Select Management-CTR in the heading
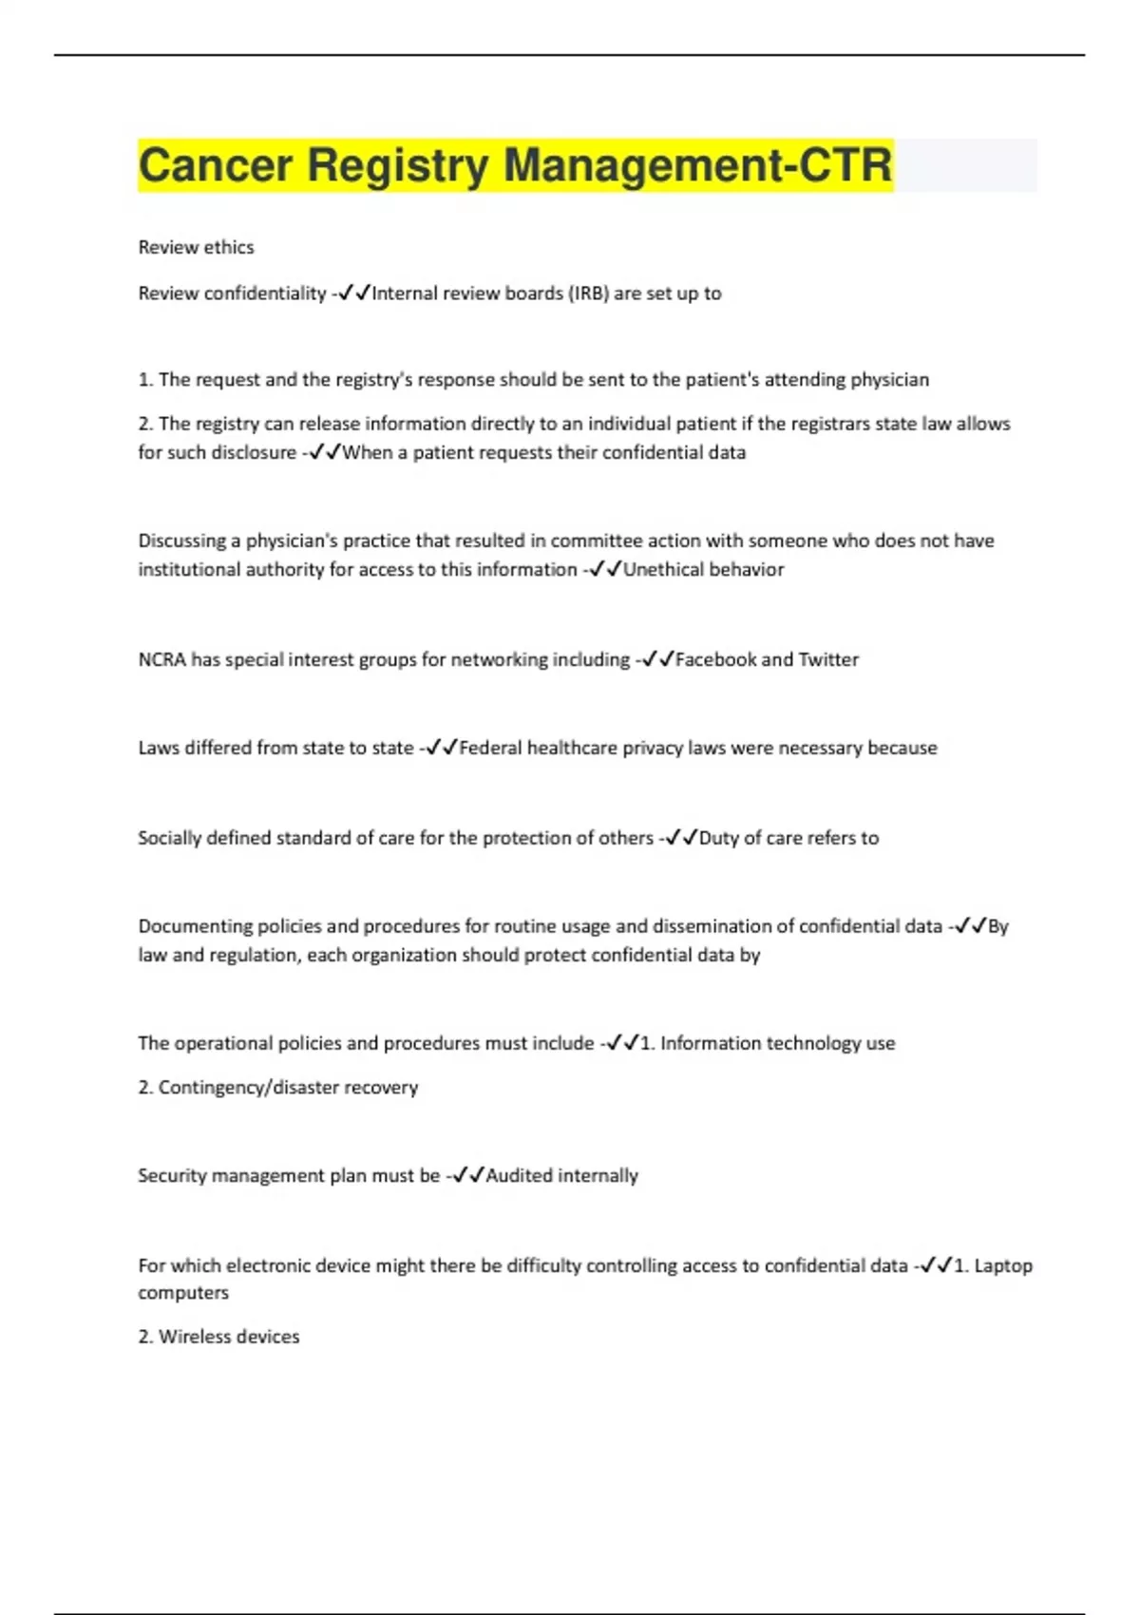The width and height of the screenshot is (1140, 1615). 697,165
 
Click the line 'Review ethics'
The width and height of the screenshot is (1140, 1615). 196,247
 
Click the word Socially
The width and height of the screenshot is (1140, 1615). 169,838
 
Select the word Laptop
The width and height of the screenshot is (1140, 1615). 1003,1265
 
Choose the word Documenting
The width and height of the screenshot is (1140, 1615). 194,926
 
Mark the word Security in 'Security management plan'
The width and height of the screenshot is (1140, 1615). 171,1175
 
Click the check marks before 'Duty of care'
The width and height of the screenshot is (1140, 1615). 681,838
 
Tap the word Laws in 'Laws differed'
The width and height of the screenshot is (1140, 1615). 159,748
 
